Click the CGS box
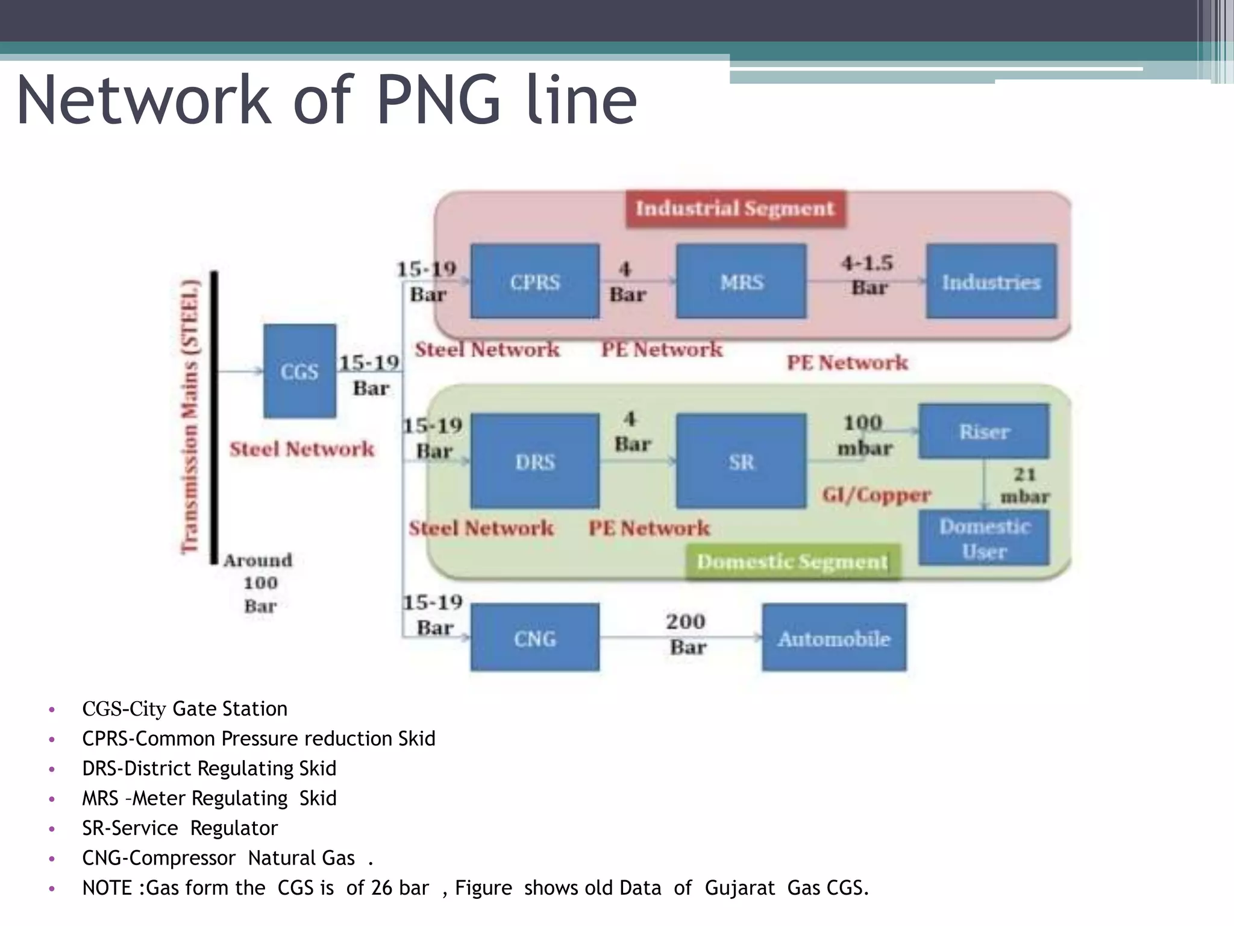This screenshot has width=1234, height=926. [x=299, y=371]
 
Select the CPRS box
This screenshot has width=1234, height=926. [x=534, y=281]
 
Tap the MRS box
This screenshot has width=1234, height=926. [x=741, y=281]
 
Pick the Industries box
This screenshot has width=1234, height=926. [x=991, y=281]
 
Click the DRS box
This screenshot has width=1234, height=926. [x=534, y=461]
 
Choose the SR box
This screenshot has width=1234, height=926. [x=741, y=461]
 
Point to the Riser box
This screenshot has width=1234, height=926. [x=983, y=431]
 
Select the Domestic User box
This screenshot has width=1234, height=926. [x=983, y=538]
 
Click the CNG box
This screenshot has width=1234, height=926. [x=534, y=637]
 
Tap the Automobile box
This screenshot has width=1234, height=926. [x=833, y=637]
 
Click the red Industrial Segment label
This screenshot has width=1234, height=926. [x=735, y=209]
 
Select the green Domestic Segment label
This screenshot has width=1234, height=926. [x=792, y=562]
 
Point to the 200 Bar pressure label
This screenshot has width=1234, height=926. [x=687, y=634]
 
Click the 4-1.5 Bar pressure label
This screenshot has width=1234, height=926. [x=868, y=275]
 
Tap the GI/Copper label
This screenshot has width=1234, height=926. [x=877, y=495]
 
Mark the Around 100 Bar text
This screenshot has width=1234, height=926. [x=259, y=583]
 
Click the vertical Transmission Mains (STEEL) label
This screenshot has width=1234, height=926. [x=190, y=416]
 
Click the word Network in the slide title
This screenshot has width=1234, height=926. [x=144, y=100]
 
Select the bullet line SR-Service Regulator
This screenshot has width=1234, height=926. [x=180, y=828]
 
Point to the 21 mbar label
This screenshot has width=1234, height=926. [x=1024, y=485]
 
